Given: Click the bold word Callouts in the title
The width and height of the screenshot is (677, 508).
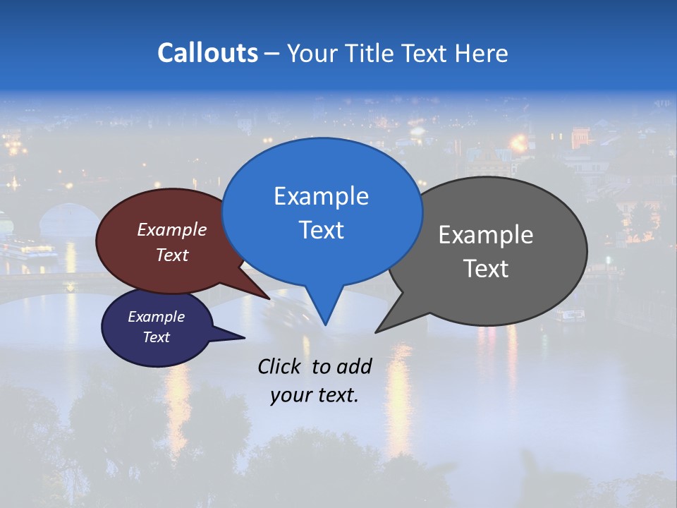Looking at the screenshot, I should click(x=207, y=53).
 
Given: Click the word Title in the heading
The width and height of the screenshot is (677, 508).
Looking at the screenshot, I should click(x=369, y=53).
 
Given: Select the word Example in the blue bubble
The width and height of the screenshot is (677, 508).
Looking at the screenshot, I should click(x=321, y=196).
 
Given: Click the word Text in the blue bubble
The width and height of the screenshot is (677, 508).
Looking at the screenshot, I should click(x=321, y=229).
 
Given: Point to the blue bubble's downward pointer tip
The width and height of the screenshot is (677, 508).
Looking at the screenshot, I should click(x=325, y=324).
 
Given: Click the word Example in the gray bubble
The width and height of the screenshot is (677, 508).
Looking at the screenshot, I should click(x=486, y=235).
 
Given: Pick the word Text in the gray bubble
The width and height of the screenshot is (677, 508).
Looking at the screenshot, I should click(x=486, y=268).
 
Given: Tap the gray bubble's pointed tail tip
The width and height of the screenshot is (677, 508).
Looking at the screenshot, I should click(x=376, y=332).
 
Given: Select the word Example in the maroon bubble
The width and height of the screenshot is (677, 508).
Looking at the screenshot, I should click(x=172, y=229).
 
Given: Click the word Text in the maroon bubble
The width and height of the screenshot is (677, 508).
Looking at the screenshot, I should click(x=172, y=255).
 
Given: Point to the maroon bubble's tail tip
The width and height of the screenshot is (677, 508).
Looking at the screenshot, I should click(x=269, y=298).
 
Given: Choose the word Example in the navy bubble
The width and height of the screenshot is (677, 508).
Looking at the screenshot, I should click(x=156, y=317).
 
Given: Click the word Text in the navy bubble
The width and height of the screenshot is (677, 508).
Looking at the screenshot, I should click(x=156, y=337).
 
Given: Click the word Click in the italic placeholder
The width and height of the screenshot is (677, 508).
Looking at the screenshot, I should click(x=280, y=366).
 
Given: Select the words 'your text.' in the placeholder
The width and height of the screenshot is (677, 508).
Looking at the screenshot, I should click(x=314, y=395).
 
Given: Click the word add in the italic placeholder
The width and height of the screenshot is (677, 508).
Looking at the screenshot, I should click(x=354, y=366).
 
